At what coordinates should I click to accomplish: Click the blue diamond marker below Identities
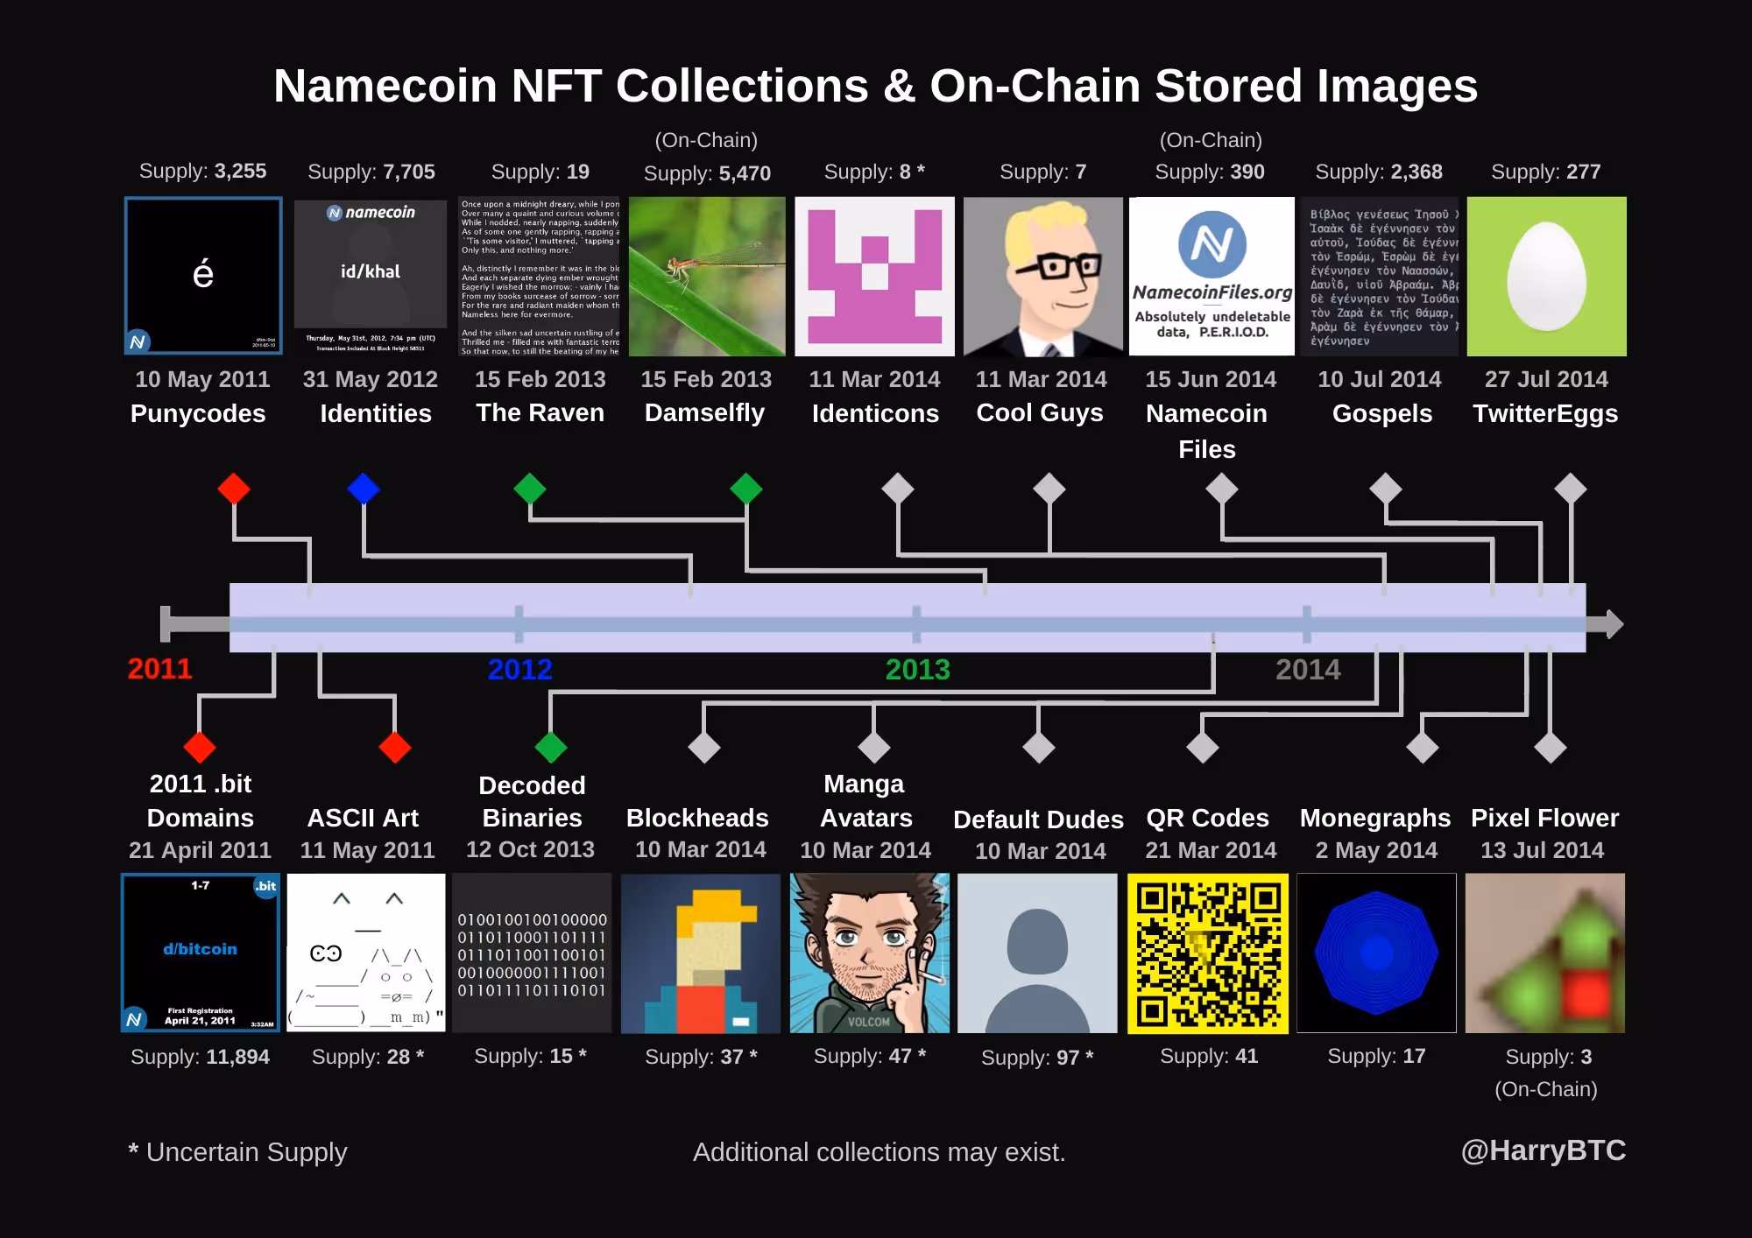tap(364, 489)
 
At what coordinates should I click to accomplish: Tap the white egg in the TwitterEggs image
tap(1546, 275)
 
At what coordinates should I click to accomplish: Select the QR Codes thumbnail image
tap(1208, 953)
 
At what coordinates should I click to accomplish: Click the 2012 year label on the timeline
tap(519, 670)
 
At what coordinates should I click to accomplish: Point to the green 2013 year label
tap(917, 670)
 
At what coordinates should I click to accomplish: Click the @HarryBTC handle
tap(1543, 1150)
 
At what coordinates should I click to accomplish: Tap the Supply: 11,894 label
tap(200, 1057)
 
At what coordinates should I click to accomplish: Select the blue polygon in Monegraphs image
tap(1376, 953)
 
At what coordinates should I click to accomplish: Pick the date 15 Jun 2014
tap(1211, 379)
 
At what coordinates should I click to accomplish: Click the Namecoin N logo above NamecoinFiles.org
tap(1212, 244)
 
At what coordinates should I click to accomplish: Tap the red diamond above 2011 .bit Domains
tap(200, 747)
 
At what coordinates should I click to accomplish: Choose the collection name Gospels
tap(1382, 413)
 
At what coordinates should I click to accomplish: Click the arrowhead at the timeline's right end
tap(1613, 624)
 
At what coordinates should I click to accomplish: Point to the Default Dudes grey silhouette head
tap(1038, 942)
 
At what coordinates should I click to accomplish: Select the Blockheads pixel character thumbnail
tap(700, 953)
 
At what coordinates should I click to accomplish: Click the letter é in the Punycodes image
tap(202, 274)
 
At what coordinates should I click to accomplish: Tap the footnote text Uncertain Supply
tap(246, 1152)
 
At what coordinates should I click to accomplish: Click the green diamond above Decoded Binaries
tap(551, 747)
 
